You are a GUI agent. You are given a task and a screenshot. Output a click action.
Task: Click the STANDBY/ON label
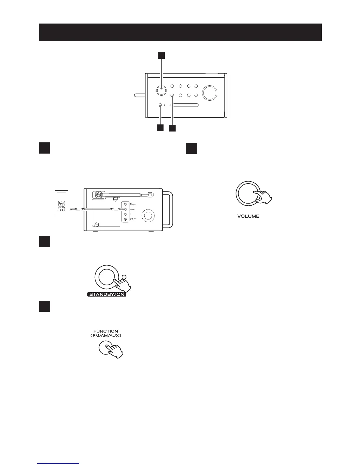pos(107,294)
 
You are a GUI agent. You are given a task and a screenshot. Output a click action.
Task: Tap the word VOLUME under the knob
pos(248,216)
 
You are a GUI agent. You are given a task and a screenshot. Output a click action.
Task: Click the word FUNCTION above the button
pos(106,331)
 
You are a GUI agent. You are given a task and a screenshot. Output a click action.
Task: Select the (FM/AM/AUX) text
pos(106,335)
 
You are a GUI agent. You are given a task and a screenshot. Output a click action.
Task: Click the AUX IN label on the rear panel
pos(132,209)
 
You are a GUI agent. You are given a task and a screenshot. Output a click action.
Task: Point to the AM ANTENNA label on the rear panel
pos(133,205)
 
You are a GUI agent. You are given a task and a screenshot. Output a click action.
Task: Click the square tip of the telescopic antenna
pos(150,194)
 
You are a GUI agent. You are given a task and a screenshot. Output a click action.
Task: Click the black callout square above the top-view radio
pos(161,56)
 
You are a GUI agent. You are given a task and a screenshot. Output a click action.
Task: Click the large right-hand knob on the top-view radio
pos(210,93)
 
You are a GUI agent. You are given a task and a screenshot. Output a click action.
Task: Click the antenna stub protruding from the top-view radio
pos(140,95)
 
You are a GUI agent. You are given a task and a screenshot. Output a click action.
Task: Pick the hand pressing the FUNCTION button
pos(116,352)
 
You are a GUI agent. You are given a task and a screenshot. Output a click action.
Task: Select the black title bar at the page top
pos(180,32)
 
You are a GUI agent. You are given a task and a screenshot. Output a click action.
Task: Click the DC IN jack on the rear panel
pos(126,219)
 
